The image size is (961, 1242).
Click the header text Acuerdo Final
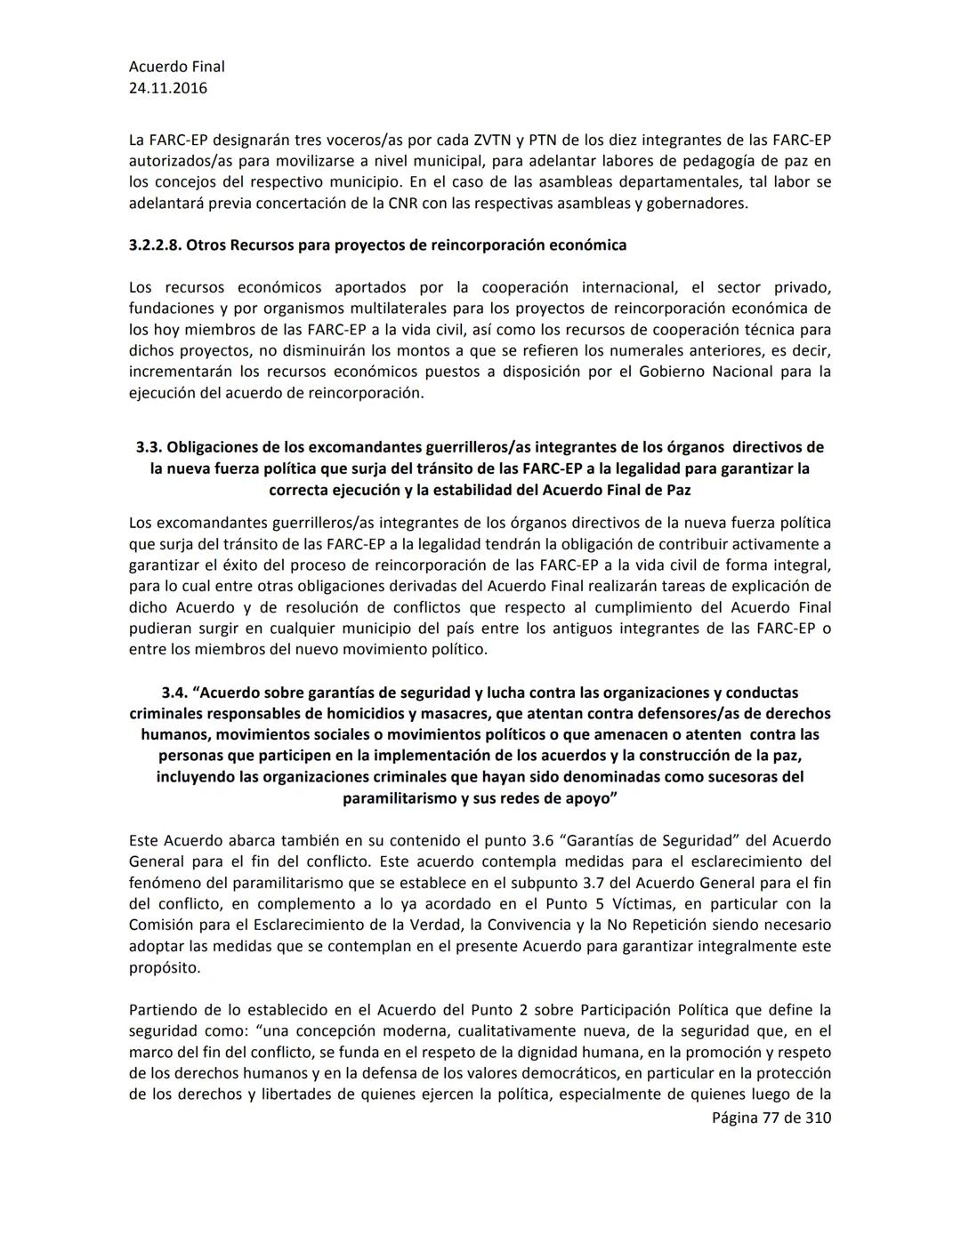(176, 67)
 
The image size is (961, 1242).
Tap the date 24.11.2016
(167, 88)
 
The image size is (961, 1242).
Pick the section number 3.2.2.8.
(155, 245)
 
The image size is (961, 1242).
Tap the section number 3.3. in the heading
(149, 447)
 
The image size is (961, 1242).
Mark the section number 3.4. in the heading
(174, 693)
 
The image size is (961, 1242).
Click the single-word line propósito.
(165, 968)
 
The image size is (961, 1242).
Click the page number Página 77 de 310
(771, 1118)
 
